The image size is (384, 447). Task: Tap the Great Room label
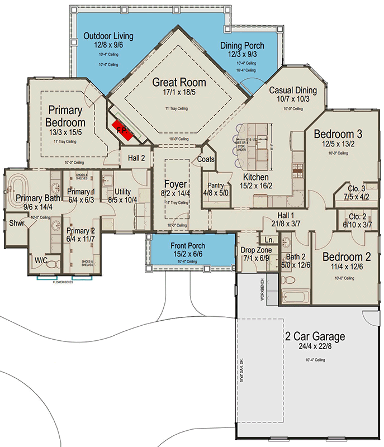pos(179,82)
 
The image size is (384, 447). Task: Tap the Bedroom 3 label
pos(335,134)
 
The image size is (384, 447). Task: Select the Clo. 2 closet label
pos(355,216)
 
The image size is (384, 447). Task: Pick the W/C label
pos(41,260)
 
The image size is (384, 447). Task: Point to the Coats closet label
pos(205,159)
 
